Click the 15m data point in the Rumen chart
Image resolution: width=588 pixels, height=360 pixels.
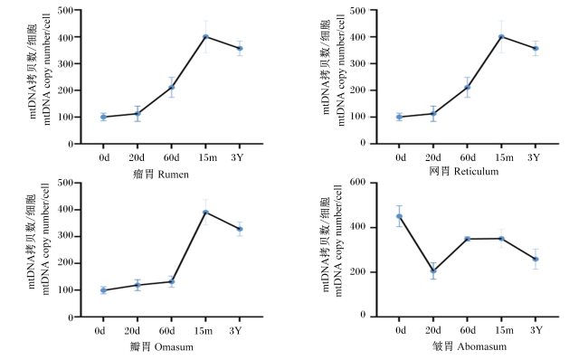[x=205, y=37]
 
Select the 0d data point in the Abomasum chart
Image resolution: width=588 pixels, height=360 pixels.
[x=399, y=216]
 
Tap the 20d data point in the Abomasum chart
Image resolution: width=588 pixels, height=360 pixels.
[x=433, y=270]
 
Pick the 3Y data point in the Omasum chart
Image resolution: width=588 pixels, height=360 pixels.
[x=240, y=229]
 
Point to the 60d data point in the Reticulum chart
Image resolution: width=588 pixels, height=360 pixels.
[x=468, y=88]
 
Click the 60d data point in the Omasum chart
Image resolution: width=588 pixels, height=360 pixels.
[x=171, y=281]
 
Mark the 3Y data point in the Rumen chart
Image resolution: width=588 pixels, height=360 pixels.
[x=240, y=48]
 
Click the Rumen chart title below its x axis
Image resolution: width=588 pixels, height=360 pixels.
[x=161, y=175]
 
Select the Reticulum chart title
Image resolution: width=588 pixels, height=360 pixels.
[x=464, y=171]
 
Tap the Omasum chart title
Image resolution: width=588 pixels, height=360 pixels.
[x=162, y=346]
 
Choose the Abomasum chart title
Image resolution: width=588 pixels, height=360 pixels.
[x=469, y=346]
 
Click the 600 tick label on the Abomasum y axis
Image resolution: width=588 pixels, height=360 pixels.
[x=357, y=182]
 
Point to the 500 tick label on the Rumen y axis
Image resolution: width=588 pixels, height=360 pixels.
[x=66, y=10]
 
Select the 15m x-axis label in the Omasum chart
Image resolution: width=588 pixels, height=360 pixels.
[x=204, y=331]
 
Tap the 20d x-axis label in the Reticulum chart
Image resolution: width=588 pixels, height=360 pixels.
[x=432, y=157]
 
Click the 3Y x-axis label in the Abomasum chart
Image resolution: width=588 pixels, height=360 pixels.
[x=536, y=330]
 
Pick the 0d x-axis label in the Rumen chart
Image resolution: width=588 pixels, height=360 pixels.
[x=104, y=157]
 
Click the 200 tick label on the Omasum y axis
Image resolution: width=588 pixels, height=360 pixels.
[x=66, y=263]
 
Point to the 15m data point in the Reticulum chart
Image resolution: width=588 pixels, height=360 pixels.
[x=501, y=37]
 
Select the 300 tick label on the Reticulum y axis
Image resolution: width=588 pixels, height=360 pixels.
[x=357, y=63]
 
